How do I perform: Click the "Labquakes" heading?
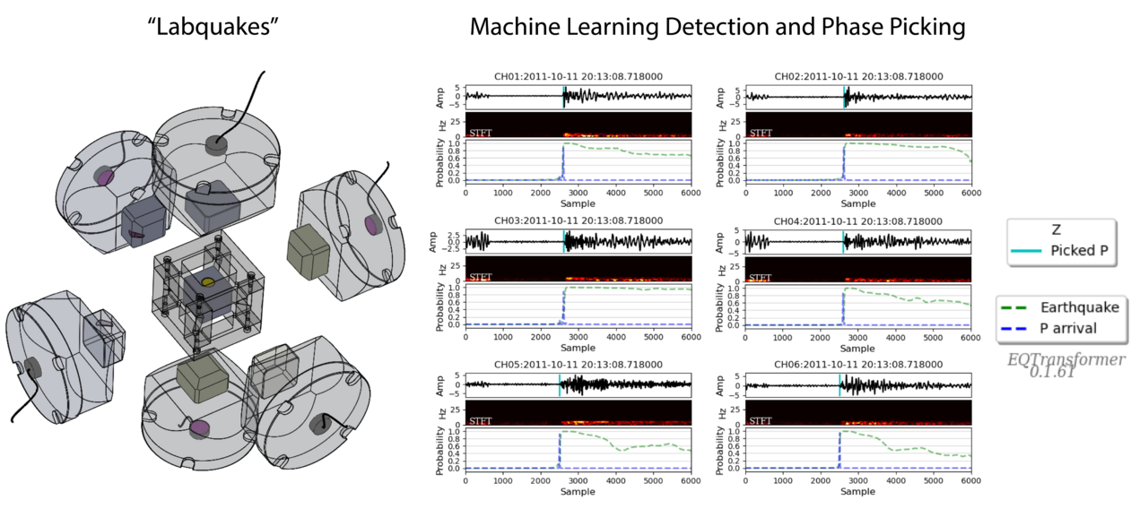[x=214, y=27]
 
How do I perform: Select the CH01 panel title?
[x=578, y=77]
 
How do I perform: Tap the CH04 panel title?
[x=857, y=221]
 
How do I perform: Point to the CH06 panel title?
[x=857, y=366]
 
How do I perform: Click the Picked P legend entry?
[x=1083, y=251]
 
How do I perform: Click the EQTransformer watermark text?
[x=1065, y=359]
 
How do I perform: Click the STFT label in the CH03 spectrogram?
[x=481, y=277]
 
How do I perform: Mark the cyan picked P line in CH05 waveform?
[x=559, y=385]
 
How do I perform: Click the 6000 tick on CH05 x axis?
[x=690, y=481]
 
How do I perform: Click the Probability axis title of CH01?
[x=441, y=162]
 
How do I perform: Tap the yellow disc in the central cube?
[x=207, y=281]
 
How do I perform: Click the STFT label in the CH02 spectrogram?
[x=761, y=133]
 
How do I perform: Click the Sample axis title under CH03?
[x=578, y=347]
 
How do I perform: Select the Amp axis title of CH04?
[x=723, y=241]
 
